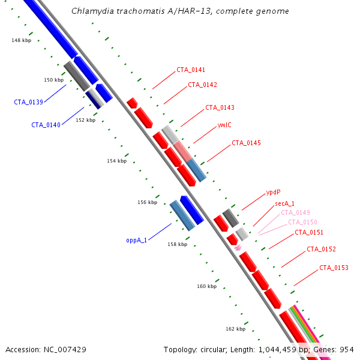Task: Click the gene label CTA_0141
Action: tap(191, 70)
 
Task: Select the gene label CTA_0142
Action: tap(202, 85)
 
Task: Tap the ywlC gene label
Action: tap(224, 125)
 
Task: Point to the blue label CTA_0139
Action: tap(28, 102)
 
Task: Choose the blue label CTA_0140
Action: tap(46, 125)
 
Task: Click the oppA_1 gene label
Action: tap(136, 241)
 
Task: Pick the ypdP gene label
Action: tap(273, 192)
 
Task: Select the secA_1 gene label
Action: tap(284, 203)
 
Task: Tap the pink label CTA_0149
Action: tap(295, 212)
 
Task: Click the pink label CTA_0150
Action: tap(302, 222)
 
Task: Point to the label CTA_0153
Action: tap(334, 268)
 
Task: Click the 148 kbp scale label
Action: tap(22, 40)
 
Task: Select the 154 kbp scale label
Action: tap(116, 161)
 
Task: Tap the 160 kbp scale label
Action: tap(206, 286)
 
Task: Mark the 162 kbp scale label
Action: tap(236, 329)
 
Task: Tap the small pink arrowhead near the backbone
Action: tap(238, 247)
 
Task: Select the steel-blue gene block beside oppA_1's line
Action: tap(182, 215)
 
